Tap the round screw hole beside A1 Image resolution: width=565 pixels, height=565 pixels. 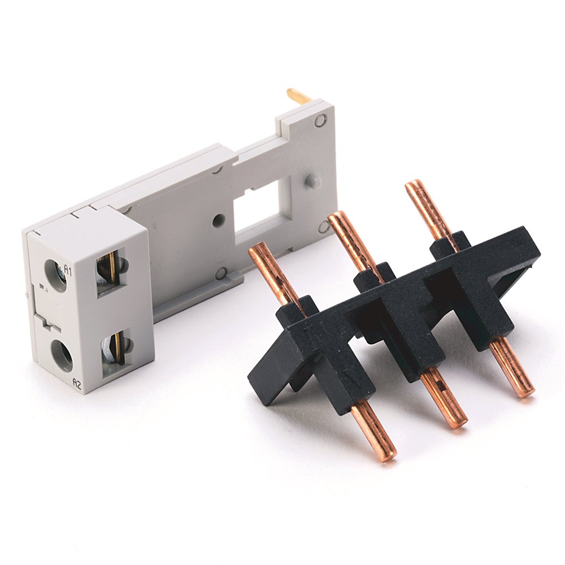56,275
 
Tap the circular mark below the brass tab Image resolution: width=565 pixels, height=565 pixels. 321,120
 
